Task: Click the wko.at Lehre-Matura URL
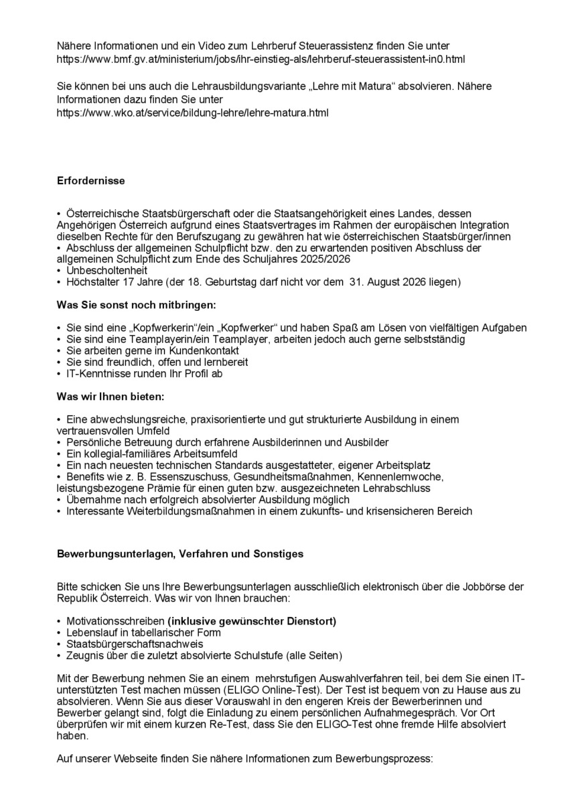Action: coord(193,113)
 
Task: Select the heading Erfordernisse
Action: coord(91,181)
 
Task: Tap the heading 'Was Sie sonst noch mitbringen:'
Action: coord(137,305)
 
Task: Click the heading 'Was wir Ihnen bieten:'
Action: coord(110,396)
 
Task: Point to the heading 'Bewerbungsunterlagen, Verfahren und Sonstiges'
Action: coord(180,554)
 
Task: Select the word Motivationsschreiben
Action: coord(115,620)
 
